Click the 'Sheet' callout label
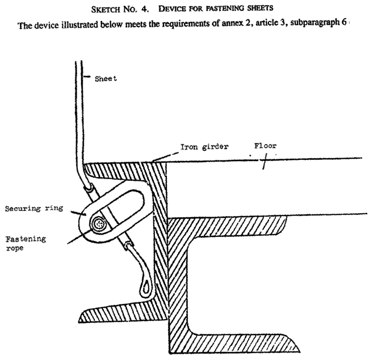[106, 79]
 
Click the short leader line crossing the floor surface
[263, 163]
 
